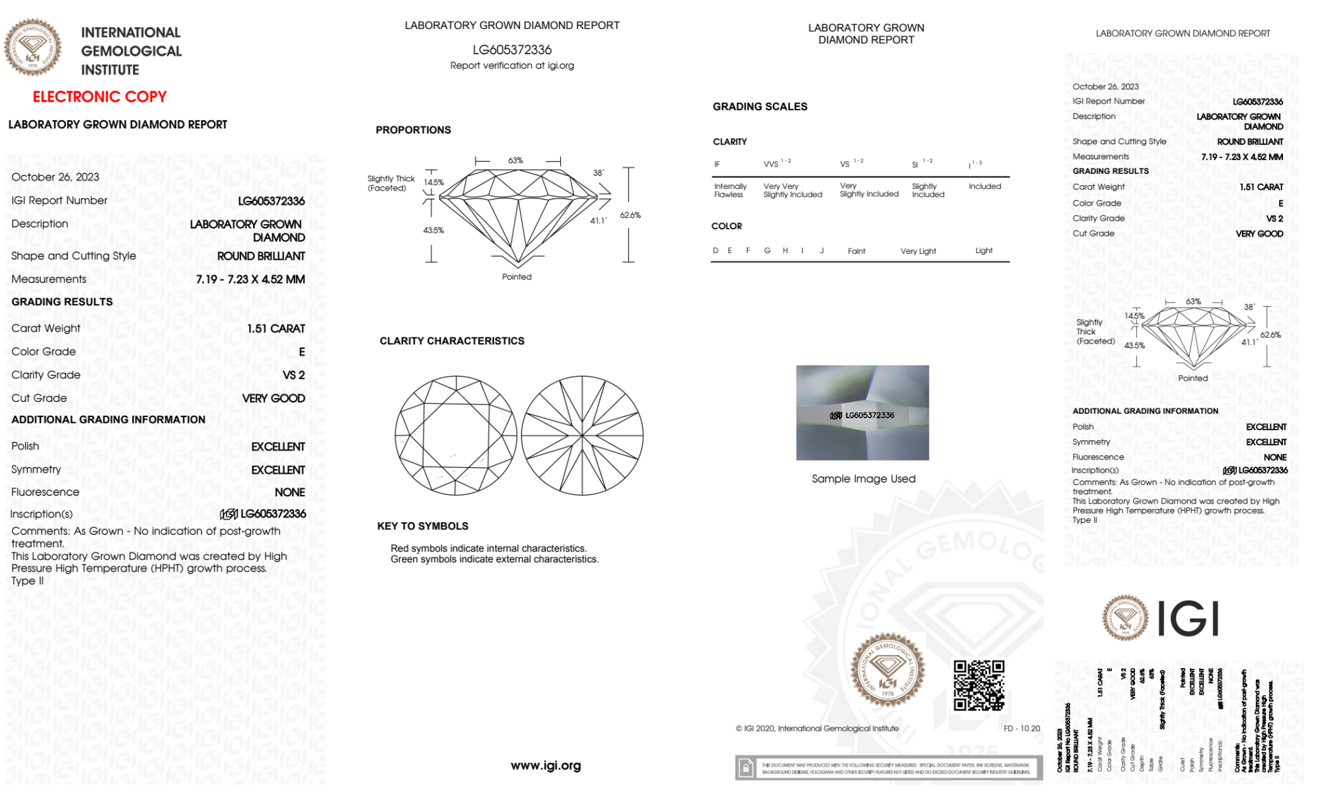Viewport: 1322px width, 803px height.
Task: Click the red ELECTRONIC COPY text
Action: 100,97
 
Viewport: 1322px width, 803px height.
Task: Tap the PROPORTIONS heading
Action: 413,130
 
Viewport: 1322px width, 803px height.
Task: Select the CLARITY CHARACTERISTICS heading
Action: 452,341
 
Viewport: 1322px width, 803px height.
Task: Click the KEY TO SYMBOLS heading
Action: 423,526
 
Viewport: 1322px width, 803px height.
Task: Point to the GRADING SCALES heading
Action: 760,106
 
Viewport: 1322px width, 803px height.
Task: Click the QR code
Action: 979,685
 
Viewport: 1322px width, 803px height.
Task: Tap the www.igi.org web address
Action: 546,765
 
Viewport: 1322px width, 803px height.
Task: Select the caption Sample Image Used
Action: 863,478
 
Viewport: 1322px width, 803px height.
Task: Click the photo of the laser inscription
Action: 862,413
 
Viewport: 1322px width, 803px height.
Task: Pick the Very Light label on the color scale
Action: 918,251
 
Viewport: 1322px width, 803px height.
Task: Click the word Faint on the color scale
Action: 856,251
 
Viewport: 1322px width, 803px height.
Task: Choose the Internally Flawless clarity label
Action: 730,190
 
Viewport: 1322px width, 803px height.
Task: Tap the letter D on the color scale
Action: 716,250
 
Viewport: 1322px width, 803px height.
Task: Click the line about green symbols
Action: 494,559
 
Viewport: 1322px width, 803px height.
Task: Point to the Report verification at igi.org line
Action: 512,65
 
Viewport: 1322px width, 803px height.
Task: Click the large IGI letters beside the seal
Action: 1189,619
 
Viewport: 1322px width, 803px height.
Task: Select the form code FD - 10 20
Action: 1021,728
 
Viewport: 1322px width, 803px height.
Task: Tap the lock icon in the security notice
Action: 746,768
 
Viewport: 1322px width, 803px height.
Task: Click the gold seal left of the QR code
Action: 887,670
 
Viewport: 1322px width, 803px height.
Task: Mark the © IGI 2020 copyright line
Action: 817,728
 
